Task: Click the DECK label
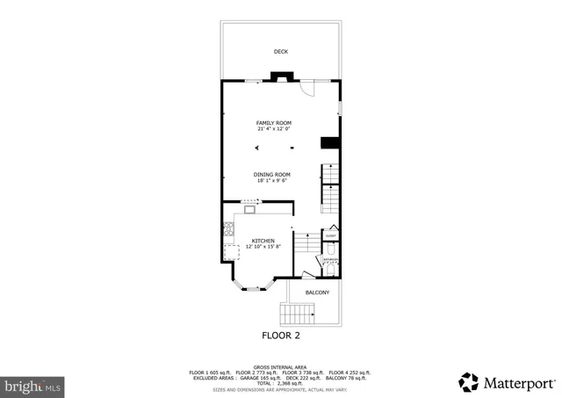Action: pos(281,52)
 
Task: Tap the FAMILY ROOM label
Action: pos(273,122)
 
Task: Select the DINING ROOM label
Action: pos(271,174)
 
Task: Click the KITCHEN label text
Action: pos(263,240)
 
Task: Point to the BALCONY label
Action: pos(317,292)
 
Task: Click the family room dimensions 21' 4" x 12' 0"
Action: pos(273,129)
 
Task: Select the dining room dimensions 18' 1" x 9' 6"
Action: pos(271,181)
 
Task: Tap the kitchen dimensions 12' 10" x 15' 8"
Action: pos(263,247)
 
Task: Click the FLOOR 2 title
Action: pos(281,336)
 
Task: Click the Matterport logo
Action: pos(507,382)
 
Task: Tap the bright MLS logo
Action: pos(33,385)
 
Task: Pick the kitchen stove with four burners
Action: pos(228,230)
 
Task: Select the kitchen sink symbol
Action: pos(249,209)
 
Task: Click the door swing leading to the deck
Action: pos(306,89)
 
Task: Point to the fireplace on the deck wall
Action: pos(280,78)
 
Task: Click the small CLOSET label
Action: pos(331,235)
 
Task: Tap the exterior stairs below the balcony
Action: pos(297,314)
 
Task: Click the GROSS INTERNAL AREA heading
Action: pos(280,367)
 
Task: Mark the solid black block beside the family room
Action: pos(330,143)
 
